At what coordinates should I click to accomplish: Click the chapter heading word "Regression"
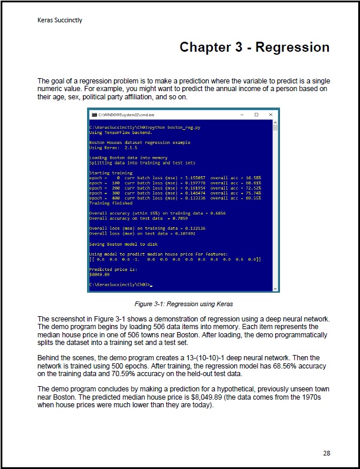tap(292, 47)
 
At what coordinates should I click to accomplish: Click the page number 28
tap(326, 453)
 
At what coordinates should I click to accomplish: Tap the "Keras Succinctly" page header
tap(59, 20)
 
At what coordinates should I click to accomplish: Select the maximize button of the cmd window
tap(256, 114)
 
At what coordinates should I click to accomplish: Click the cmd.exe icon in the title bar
tap(92, 114)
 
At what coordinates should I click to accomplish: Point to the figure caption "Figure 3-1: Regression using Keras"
tap(184, 304)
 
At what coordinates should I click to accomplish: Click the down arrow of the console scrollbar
tap(275, 288)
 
